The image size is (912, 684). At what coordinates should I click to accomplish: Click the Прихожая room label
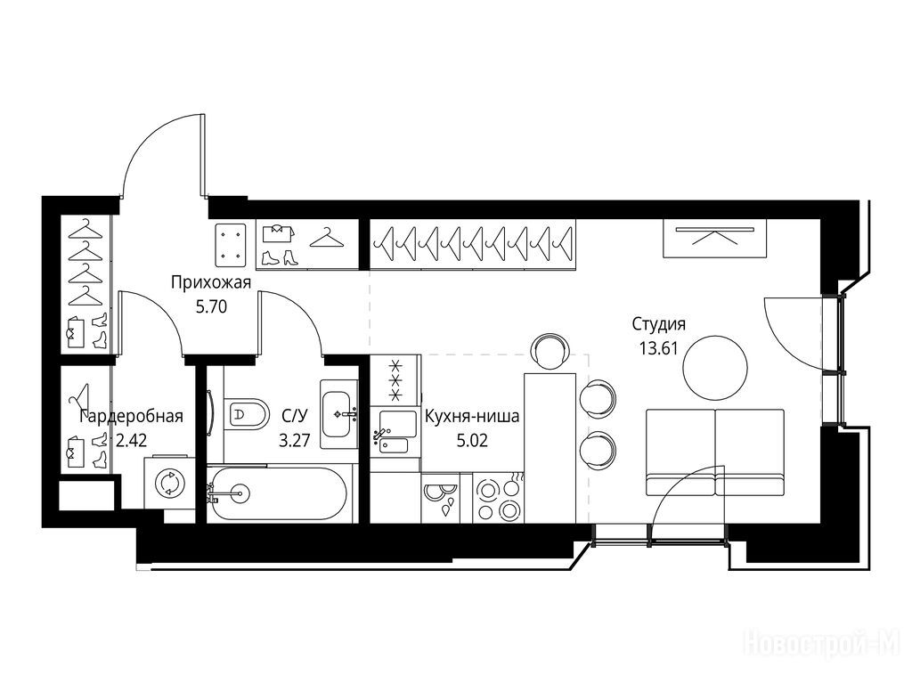211,283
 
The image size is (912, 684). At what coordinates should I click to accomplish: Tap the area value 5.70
211,306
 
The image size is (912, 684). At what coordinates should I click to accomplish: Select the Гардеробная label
132,417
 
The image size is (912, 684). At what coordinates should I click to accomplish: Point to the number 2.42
132,440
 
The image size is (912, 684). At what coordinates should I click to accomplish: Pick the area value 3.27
294,440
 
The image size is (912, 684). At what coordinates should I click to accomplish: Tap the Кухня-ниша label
472,417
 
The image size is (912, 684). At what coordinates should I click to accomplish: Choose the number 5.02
472,440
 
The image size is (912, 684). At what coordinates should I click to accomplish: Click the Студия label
659,324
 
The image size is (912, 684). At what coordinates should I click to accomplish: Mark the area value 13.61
659,348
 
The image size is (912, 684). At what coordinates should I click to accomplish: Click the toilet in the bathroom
246,414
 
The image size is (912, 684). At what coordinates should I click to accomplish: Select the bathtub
278,494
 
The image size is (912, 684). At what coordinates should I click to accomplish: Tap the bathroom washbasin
339,414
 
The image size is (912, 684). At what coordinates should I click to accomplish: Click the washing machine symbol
169,484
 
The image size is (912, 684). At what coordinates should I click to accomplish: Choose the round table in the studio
715,368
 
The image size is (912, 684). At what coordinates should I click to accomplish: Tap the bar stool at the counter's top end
549,351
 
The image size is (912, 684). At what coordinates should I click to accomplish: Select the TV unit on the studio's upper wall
715,239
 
